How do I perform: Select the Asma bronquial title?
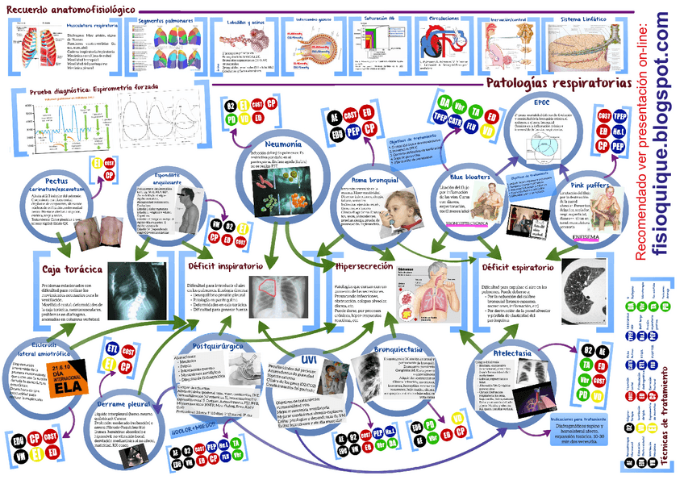376,179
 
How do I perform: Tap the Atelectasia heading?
507,353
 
